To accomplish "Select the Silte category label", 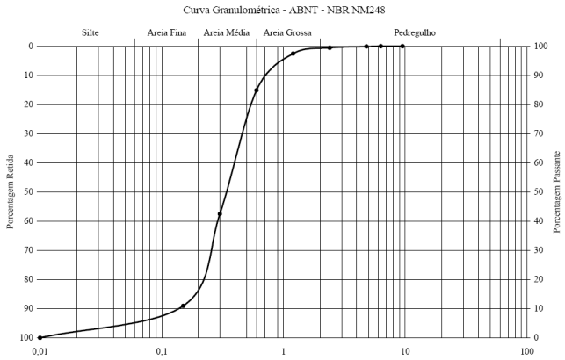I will [90, 32].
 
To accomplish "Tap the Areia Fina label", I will [165, 32].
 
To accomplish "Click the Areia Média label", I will [226, 32].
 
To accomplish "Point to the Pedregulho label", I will [415, 32].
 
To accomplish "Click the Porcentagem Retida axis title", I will [11, 191].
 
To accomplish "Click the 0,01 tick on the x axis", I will [40, 351].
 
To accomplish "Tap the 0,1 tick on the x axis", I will [162, 351].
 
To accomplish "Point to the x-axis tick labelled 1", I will [283, 351].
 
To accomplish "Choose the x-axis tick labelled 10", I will [405, 351].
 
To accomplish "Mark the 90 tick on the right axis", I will [538, 76].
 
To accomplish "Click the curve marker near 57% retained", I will [220, 214].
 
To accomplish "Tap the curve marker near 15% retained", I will [257, 90].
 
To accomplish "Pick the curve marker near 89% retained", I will [183, 306].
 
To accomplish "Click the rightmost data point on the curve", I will [402, 46].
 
